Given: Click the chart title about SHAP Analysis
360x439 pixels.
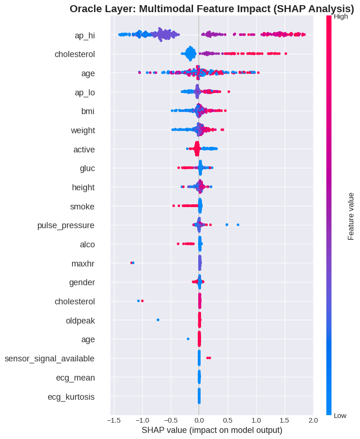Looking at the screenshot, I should point(212,8).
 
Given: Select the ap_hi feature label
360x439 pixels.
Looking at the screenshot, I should point(85,35).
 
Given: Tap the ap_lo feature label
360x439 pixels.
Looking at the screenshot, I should point(85,93).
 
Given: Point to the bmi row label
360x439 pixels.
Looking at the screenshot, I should point(88,111).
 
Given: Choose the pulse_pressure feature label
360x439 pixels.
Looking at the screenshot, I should point(66,226).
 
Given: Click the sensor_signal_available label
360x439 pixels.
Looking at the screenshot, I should point(50,359).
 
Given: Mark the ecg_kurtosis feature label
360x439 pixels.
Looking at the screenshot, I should point(71,397).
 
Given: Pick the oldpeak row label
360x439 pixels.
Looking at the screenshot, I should point(80,321).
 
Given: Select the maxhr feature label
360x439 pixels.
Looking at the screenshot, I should point(83,264).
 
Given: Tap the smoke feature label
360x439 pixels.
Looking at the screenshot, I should point(82,207).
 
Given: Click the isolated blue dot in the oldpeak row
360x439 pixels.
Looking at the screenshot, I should point(158,320).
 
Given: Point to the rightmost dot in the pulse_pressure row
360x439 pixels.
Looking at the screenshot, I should point(238,225).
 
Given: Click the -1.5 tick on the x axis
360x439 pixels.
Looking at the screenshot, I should point(113,420).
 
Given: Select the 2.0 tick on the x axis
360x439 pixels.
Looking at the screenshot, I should point(313,420).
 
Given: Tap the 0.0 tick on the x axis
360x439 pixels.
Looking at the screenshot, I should point(199,420).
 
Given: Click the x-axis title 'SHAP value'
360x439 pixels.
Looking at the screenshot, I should point(212,430).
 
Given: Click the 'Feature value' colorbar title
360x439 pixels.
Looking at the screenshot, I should point(351,216).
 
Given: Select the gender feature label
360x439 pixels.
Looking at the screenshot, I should point(82,282).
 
